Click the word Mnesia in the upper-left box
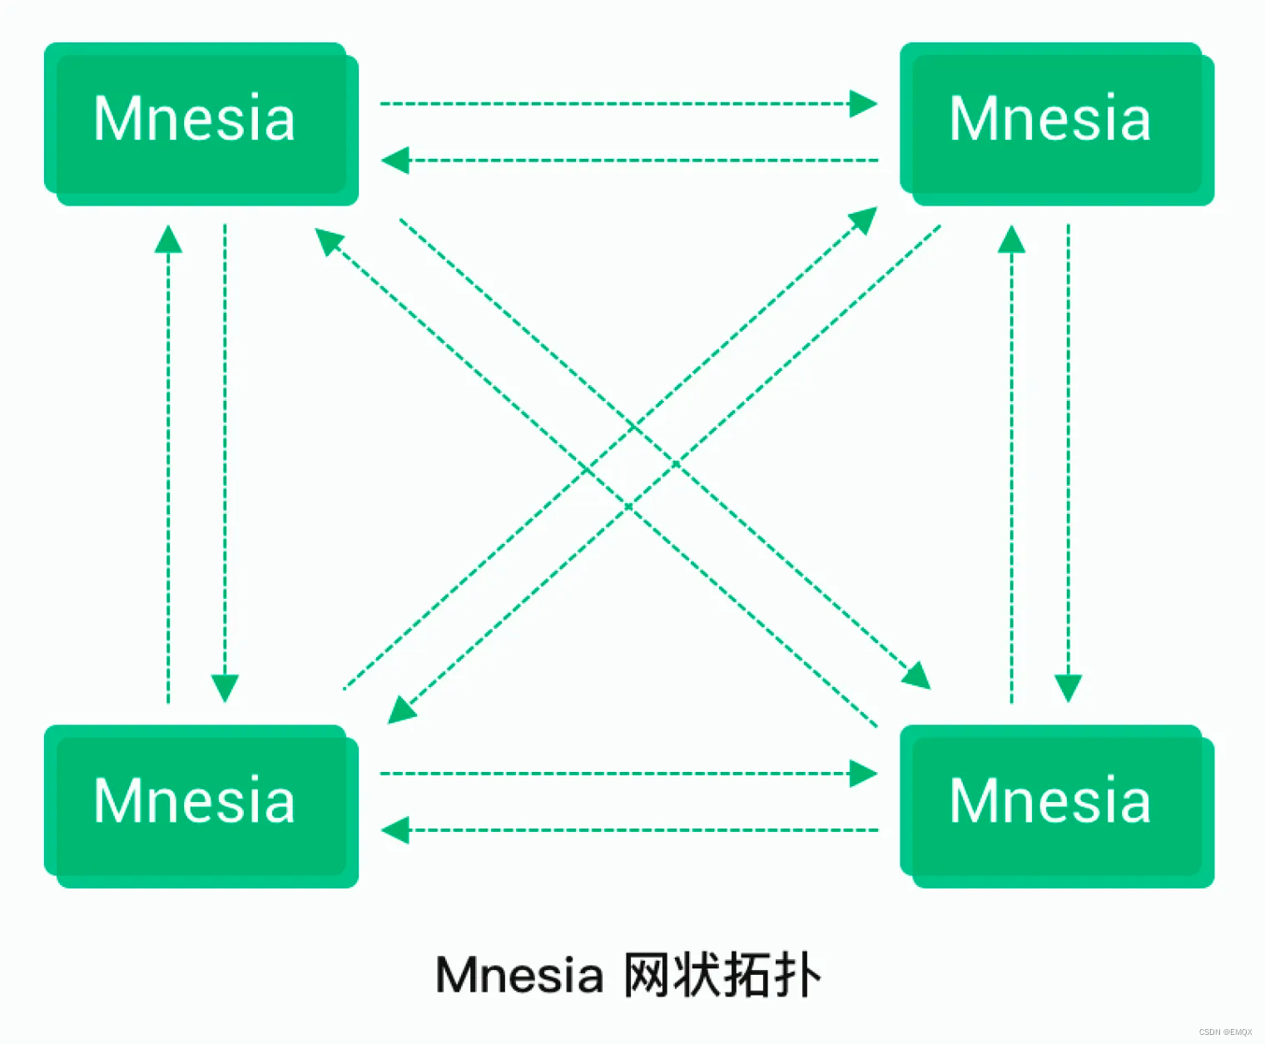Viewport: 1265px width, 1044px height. click(x=194, y=119)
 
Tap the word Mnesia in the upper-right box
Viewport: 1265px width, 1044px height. click(x=1049, y=119)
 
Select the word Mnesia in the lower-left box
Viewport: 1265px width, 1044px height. click(x=194, y=801)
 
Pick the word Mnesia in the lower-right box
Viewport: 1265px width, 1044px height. click(x=1049, y=801)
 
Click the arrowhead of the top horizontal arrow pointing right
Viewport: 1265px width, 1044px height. click(x=864, y=104)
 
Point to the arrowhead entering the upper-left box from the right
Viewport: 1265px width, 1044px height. click(x=394, y=160)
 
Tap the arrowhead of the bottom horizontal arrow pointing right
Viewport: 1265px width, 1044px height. click(x=864, y=774)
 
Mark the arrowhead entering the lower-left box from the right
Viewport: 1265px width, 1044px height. click(x=394, y=829)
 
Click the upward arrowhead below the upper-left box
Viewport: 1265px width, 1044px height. click(x=168, y=240)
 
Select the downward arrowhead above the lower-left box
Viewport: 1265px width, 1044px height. click(x=225, y=688)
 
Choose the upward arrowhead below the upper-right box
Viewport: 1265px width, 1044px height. click(x=1011, y=240)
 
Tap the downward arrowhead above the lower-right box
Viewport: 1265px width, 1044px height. click(x=1068, y=688)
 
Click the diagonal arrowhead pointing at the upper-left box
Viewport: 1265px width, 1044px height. click(x=328, y=240)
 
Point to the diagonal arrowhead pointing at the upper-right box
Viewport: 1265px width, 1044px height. click(x=864, y=220)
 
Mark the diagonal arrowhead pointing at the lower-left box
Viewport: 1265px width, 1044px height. click(x=401, y=710)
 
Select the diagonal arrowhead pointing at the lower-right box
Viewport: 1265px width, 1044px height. click(x=917, y=676)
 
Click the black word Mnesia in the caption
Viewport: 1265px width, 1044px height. click(x=519, y=975)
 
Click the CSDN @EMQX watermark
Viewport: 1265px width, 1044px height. click(x=1225, y=1032)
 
